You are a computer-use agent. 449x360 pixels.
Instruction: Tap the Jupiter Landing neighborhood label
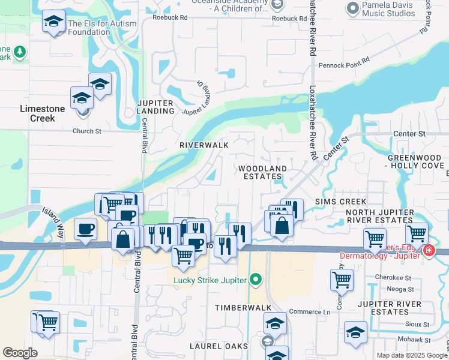click(x=155, y=107)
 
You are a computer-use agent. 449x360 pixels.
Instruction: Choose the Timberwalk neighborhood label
click(x=240, y=307)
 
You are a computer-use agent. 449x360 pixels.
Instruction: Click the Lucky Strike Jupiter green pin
click(x=256, y=279)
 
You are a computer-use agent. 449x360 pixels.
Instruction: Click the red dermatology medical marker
click(x=429, y=251)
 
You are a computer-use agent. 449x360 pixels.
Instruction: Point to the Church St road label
click(x=87, y=131)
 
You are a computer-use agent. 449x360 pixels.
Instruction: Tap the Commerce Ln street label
click(x=310, y=312)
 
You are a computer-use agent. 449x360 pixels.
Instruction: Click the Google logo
click(x=20, y=353)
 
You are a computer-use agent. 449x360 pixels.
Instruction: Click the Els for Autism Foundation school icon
click(x=54, y=23)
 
